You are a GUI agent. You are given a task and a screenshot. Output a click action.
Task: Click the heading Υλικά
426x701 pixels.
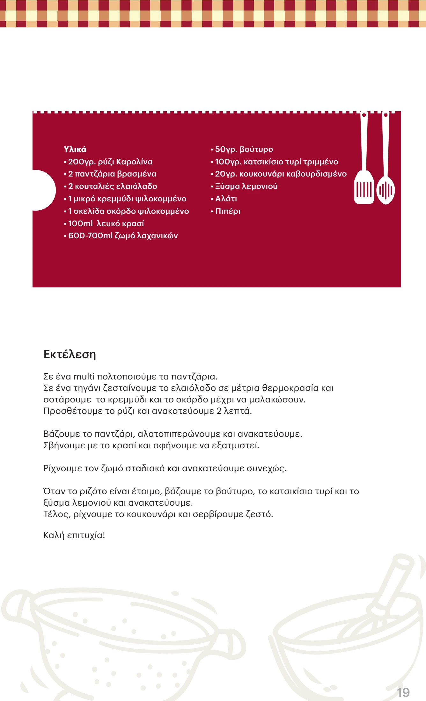[x=75, y=149]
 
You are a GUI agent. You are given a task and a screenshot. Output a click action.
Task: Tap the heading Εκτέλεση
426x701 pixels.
[x=70, y=354]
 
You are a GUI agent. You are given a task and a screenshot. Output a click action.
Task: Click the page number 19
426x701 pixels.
[x=403, y=692]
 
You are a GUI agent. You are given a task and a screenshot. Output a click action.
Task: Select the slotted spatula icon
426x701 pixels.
[x=364, y=188]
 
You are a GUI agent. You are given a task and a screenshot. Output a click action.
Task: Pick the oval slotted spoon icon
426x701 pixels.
[x=386, y=190]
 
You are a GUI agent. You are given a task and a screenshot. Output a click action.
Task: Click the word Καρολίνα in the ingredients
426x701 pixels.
[x=134, y=162]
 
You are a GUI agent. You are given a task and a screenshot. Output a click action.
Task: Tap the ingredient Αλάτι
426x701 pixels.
[x=226, y=199]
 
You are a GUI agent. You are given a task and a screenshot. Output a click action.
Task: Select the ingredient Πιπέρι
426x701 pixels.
[x=228, y=211]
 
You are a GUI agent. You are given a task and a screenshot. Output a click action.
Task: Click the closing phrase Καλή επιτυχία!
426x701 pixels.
[x=74, y=535]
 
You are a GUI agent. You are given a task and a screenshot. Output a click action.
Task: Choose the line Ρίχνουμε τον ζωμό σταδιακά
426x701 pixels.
[x=165, y=468]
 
